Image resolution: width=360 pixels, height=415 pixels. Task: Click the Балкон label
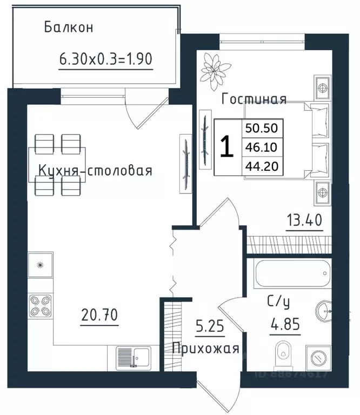(x=69, y=27)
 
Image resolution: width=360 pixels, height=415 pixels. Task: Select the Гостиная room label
(x=254, y=99)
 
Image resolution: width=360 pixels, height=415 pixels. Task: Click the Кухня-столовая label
(x=95, y=171)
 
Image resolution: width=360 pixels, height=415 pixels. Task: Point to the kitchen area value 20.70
(x=99, y=313)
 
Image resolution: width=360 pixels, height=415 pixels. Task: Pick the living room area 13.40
(x=304, y=220)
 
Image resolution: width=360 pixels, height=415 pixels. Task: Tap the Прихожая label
(x=205, y=349)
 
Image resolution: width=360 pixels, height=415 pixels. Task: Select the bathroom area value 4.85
(x=286, y=326)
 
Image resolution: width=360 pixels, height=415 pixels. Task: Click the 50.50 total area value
(x=261, y=128)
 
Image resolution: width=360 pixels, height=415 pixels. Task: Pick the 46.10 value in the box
(x=261, y=147)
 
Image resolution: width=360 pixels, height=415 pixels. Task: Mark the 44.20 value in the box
(x=261, y=166)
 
